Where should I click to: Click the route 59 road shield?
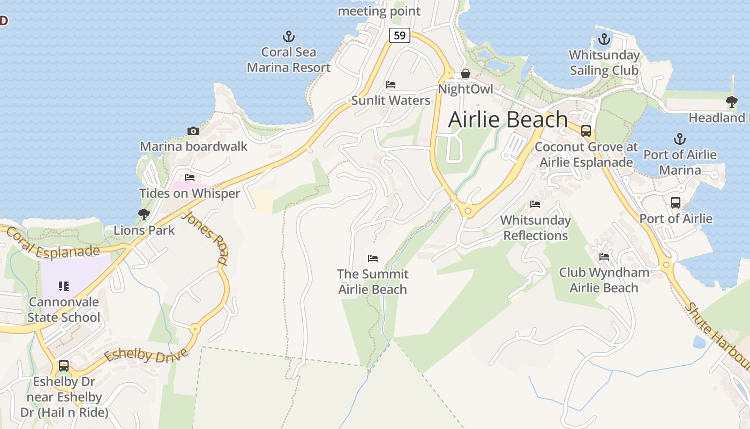click(399, 35)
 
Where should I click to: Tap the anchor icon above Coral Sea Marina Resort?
click(289, 37)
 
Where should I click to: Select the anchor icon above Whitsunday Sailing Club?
click(604, 40)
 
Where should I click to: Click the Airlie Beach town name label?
click(508, 119)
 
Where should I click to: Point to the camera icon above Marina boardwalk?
click(193, 131)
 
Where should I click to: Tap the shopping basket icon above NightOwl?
click(465, 73)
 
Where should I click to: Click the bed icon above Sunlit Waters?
click(391, 85)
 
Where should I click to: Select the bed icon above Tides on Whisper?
click(190, 177)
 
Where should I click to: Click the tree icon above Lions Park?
click(144, 214)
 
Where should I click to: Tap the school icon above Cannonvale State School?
click(64, 286)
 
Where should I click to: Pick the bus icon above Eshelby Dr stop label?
click(64, 366)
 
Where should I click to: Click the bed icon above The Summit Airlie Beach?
click(373, 258)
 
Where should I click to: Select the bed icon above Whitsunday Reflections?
click(535, 204)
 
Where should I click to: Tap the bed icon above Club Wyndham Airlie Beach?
click(604, 257)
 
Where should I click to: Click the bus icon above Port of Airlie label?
click(676, 203)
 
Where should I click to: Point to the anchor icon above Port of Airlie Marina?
click(679, 139)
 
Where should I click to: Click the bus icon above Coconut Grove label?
click(586, 131)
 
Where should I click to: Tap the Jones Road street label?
click(205, 238)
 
